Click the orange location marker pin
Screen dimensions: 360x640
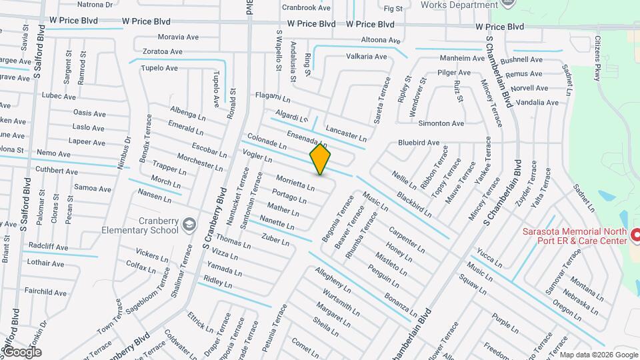(x=321, y=159)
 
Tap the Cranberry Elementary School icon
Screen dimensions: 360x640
(x=189, y=223)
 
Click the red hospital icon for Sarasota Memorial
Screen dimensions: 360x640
(x=635, y=235)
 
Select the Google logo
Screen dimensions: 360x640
(x=22, y=351)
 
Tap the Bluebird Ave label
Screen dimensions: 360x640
(x=419, y=143)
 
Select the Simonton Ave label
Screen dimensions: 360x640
(x=441, y=123)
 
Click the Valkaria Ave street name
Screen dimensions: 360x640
(x=366, y=57)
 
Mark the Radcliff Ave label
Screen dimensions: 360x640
(x=47, y=245)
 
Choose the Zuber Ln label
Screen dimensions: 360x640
(x=275, y=239)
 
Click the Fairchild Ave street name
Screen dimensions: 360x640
(x=45, y=292)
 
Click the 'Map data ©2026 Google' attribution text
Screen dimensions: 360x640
(x=597, y=354)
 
